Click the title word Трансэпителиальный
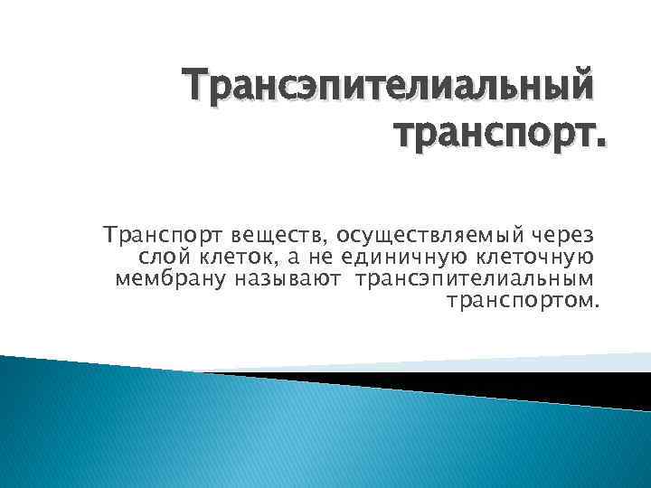[x=390, y=87]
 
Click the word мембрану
[x=169, y=278]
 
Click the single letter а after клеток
[x=289, y=258]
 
